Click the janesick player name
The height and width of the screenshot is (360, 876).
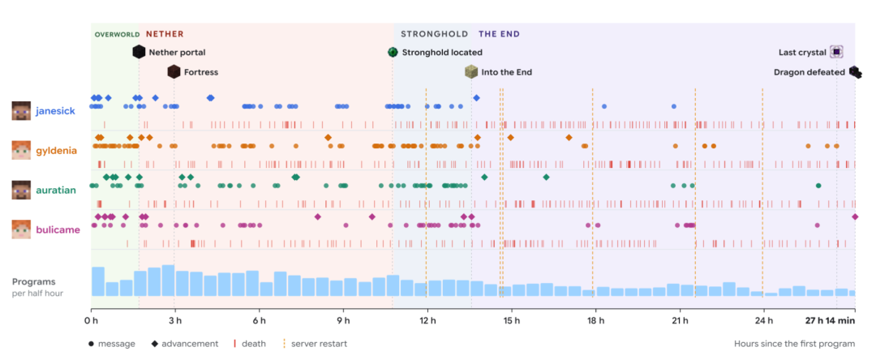click(x=55, y=110)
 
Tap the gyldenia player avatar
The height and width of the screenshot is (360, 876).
click(x=20, y=150)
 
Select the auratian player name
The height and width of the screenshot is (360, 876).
click(x=56, y=190)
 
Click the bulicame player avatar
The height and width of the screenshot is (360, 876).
click(x=20, y=229)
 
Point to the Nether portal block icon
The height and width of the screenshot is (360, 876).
click(x=139, y=53)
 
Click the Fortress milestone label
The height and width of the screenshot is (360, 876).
click(x=201, y=72)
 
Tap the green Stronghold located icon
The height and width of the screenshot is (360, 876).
click(x=393, y=53)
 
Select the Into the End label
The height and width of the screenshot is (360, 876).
click(x=507, y=72)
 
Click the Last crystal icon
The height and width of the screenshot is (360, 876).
click(x=835, y=52)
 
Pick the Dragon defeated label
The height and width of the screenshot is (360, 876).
click(x=809, y=72)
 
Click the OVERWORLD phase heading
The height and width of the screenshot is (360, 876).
click(x=117, y=35)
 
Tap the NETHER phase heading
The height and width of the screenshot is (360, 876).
click(x=165, y=34)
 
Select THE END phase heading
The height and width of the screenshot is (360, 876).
click(x=499, y=34)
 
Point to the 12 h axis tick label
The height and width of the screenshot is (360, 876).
click(x=427, y=320)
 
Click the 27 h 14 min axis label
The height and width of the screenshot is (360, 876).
click(x=830, y=320)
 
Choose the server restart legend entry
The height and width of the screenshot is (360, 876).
click(x=315, y=344)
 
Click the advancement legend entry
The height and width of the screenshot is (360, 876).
click(x=184, y=344)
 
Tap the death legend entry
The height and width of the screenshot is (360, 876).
click(x=250, y=344)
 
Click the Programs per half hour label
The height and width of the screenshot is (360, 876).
click(x=37, y=288)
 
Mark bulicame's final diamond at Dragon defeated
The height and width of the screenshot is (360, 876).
click(x=854, y=216)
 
